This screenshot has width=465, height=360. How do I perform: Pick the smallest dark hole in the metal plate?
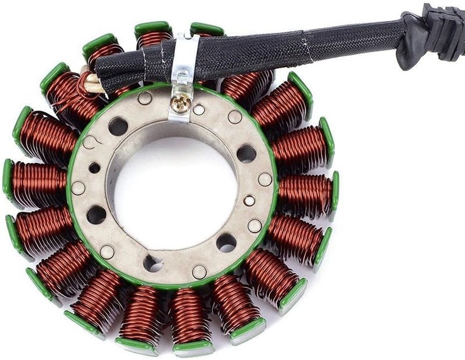pos(94,167)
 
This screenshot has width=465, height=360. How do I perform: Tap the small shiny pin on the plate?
pos(249,201)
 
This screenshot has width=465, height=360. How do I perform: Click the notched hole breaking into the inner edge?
pos(152,263)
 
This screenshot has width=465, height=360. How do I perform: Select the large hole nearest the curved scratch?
pos(118,126)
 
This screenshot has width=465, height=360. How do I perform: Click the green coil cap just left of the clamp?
pos(152,27)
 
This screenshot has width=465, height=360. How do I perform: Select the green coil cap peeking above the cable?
pos(206,28)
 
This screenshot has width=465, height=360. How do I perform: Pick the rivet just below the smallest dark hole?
pos(78,188)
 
